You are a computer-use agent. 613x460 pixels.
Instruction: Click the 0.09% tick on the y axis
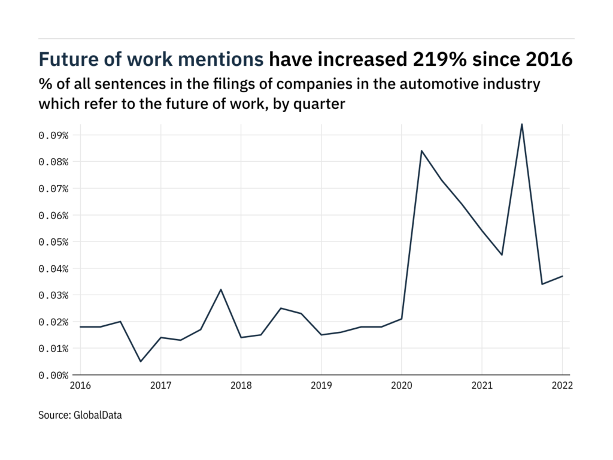point(53,135)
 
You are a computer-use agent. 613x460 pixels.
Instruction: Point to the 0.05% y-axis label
point(53,242)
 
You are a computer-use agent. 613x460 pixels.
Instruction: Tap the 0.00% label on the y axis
point(53,376)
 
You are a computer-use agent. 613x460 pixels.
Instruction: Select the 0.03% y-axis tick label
point(53,295)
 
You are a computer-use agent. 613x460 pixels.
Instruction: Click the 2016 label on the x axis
point(81,386)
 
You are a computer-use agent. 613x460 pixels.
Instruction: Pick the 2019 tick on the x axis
point(321,386)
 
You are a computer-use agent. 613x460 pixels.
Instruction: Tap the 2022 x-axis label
point(562,386)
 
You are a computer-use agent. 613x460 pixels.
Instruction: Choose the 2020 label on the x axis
point(401,386)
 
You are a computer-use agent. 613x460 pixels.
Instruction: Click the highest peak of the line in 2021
point(522,125)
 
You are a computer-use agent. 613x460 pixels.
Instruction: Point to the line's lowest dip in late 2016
point(141,361)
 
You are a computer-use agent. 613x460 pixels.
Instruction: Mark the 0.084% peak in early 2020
point(421,151)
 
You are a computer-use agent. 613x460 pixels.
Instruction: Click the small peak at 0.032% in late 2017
point(221,290)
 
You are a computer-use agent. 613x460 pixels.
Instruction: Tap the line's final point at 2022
point(562,276)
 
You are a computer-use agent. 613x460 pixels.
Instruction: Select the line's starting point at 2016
point(81,327)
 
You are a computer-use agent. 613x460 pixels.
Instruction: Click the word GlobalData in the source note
point(97,414)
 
